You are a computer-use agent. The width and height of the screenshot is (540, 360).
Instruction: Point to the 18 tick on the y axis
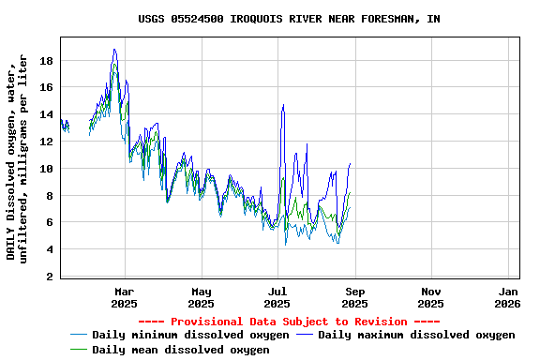46,61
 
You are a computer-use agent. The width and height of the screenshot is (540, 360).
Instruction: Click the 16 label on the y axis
46,88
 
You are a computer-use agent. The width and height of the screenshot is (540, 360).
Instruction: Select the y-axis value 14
46,115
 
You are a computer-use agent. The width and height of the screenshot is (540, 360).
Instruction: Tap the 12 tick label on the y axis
46,142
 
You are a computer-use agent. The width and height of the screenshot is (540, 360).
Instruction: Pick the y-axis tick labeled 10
46,169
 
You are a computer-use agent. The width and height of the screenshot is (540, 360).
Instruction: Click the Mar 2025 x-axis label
124,297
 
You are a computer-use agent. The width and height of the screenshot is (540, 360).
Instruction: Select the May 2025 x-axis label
201,297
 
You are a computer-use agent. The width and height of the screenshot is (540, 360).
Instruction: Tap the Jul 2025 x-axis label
277,297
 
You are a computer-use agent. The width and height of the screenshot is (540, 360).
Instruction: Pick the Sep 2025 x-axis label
354,297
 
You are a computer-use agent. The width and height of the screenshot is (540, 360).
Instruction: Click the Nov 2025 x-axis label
431,297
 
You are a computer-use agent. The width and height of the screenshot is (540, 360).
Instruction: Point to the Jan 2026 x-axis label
507,297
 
